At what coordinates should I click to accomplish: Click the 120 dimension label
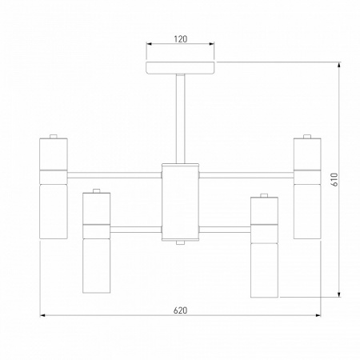(181, 39)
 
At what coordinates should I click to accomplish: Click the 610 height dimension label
(334, 179)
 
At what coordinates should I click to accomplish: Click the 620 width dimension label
(181, 310)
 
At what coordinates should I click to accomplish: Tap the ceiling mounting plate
(181, 68)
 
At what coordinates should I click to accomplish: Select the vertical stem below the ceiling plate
(181, 118)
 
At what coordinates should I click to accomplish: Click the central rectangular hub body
(181, 202)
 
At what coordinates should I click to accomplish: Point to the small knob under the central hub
(181, 242)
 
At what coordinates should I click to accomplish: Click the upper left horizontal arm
(114, 175)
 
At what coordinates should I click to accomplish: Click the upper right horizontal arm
(246, 175)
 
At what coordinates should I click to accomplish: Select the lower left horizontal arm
(136, 230)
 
